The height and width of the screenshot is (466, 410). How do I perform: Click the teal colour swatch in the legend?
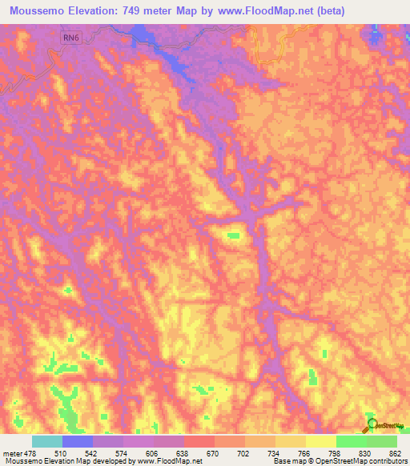coord(47,441)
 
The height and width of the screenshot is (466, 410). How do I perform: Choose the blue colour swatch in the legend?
coord(78,441)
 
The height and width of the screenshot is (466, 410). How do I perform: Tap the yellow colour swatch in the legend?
coord(321,441)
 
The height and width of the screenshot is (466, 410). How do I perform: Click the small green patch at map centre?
coord(235,235)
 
